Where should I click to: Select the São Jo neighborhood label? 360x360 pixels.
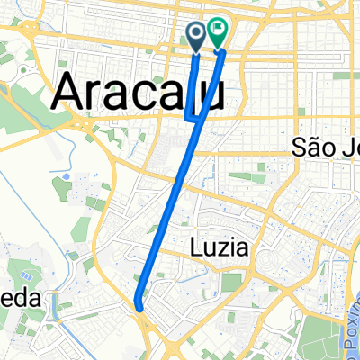click(x=327, y=148)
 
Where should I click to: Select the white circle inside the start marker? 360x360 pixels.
click(x=197, y=33)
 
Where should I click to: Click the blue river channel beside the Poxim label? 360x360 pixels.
click(x=343, y=297)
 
